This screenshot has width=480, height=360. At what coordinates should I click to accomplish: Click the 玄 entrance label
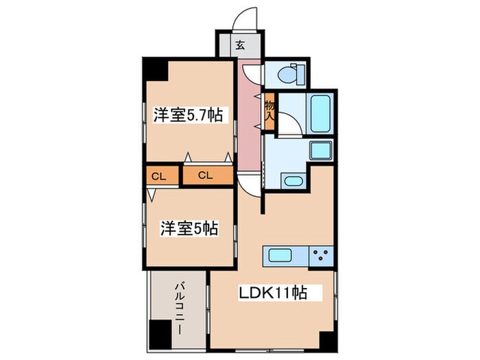pyautogui.click(x=240, y=46)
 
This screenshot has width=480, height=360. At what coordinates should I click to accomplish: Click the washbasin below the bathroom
pyautogui.click(x=293, y=182)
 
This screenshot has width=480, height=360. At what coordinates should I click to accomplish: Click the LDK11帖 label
pyautogui.click(x=272, y=293)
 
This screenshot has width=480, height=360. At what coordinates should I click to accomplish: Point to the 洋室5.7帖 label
pyautogui.click(x=187, y=115)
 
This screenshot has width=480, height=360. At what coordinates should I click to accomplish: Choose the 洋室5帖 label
pyautogui.click(x=189, y=228)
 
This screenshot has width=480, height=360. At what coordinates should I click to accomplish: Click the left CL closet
pyautogui.click(x=158, y=176)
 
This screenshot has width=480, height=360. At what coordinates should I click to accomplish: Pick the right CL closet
pyautogui.click(x=206, y=176)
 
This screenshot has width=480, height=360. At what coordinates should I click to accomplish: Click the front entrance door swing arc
pyautogui.click(x=247, y=19)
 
